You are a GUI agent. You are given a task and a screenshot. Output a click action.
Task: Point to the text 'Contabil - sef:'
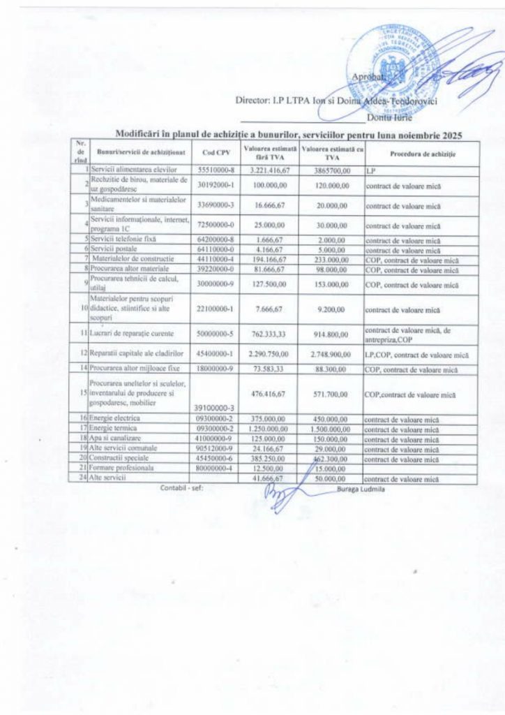point(181,489)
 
